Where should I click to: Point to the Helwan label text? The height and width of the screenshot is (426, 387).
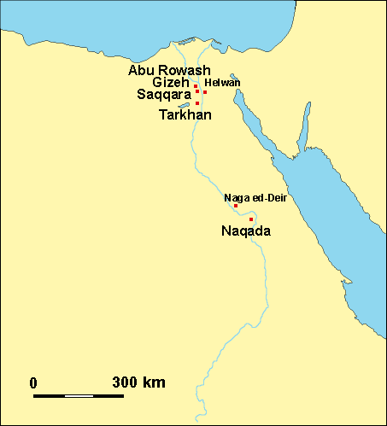point(222,83)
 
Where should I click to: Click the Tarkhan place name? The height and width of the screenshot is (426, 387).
point(185,114)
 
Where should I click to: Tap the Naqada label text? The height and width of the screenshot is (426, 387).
point(246,231)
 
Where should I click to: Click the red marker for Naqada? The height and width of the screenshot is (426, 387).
point(251,219)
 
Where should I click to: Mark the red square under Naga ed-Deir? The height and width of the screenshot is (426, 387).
point(236,206)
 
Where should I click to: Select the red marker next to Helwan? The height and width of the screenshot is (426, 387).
point(205,91)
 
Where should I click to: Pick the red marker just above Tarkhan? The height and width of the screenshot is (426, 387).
point(197,103)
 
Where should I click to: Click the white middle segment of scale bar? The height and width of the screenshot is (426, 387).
point(79,395)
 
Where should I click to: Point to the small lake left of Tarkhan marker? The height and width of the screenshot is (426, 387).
point(184,105)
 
